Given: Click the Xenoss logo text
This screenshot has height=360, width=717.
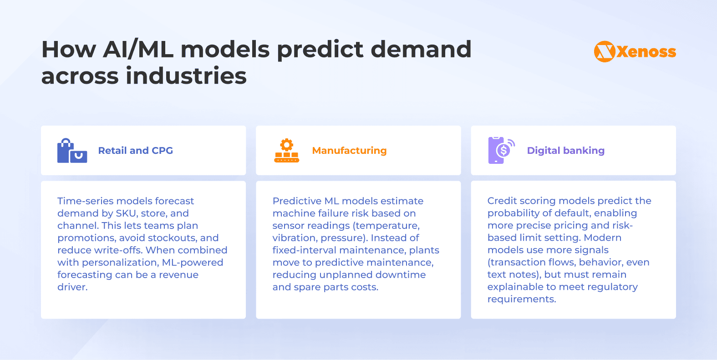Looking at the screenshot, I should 646,52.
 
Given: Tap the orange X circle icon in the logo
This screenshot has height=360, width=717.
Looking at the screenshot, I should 605,51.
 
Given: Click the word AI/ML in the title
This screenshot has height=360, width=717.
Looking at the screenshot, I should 138,49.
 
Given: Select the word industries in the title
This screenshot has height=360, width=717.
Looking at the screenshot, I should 186,76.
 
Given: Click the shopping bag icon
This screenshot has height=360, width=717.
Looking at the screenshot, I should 71,151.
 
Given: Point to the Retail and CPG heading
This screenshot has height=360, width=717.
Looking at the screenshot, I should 135,151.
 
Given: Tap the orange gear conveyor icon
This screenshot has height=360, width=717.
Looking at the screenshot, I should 286,151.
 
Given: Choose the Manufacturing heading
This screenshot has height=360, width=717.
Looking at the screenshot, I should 349,151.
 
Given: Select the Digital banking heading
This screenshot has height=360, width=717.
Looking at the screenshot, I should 565,151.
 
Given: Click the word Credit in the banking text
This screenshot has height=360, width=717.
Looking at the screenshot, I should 502,201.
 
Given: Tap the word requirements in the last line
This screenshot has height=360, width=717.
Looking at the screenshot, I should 521,299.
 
